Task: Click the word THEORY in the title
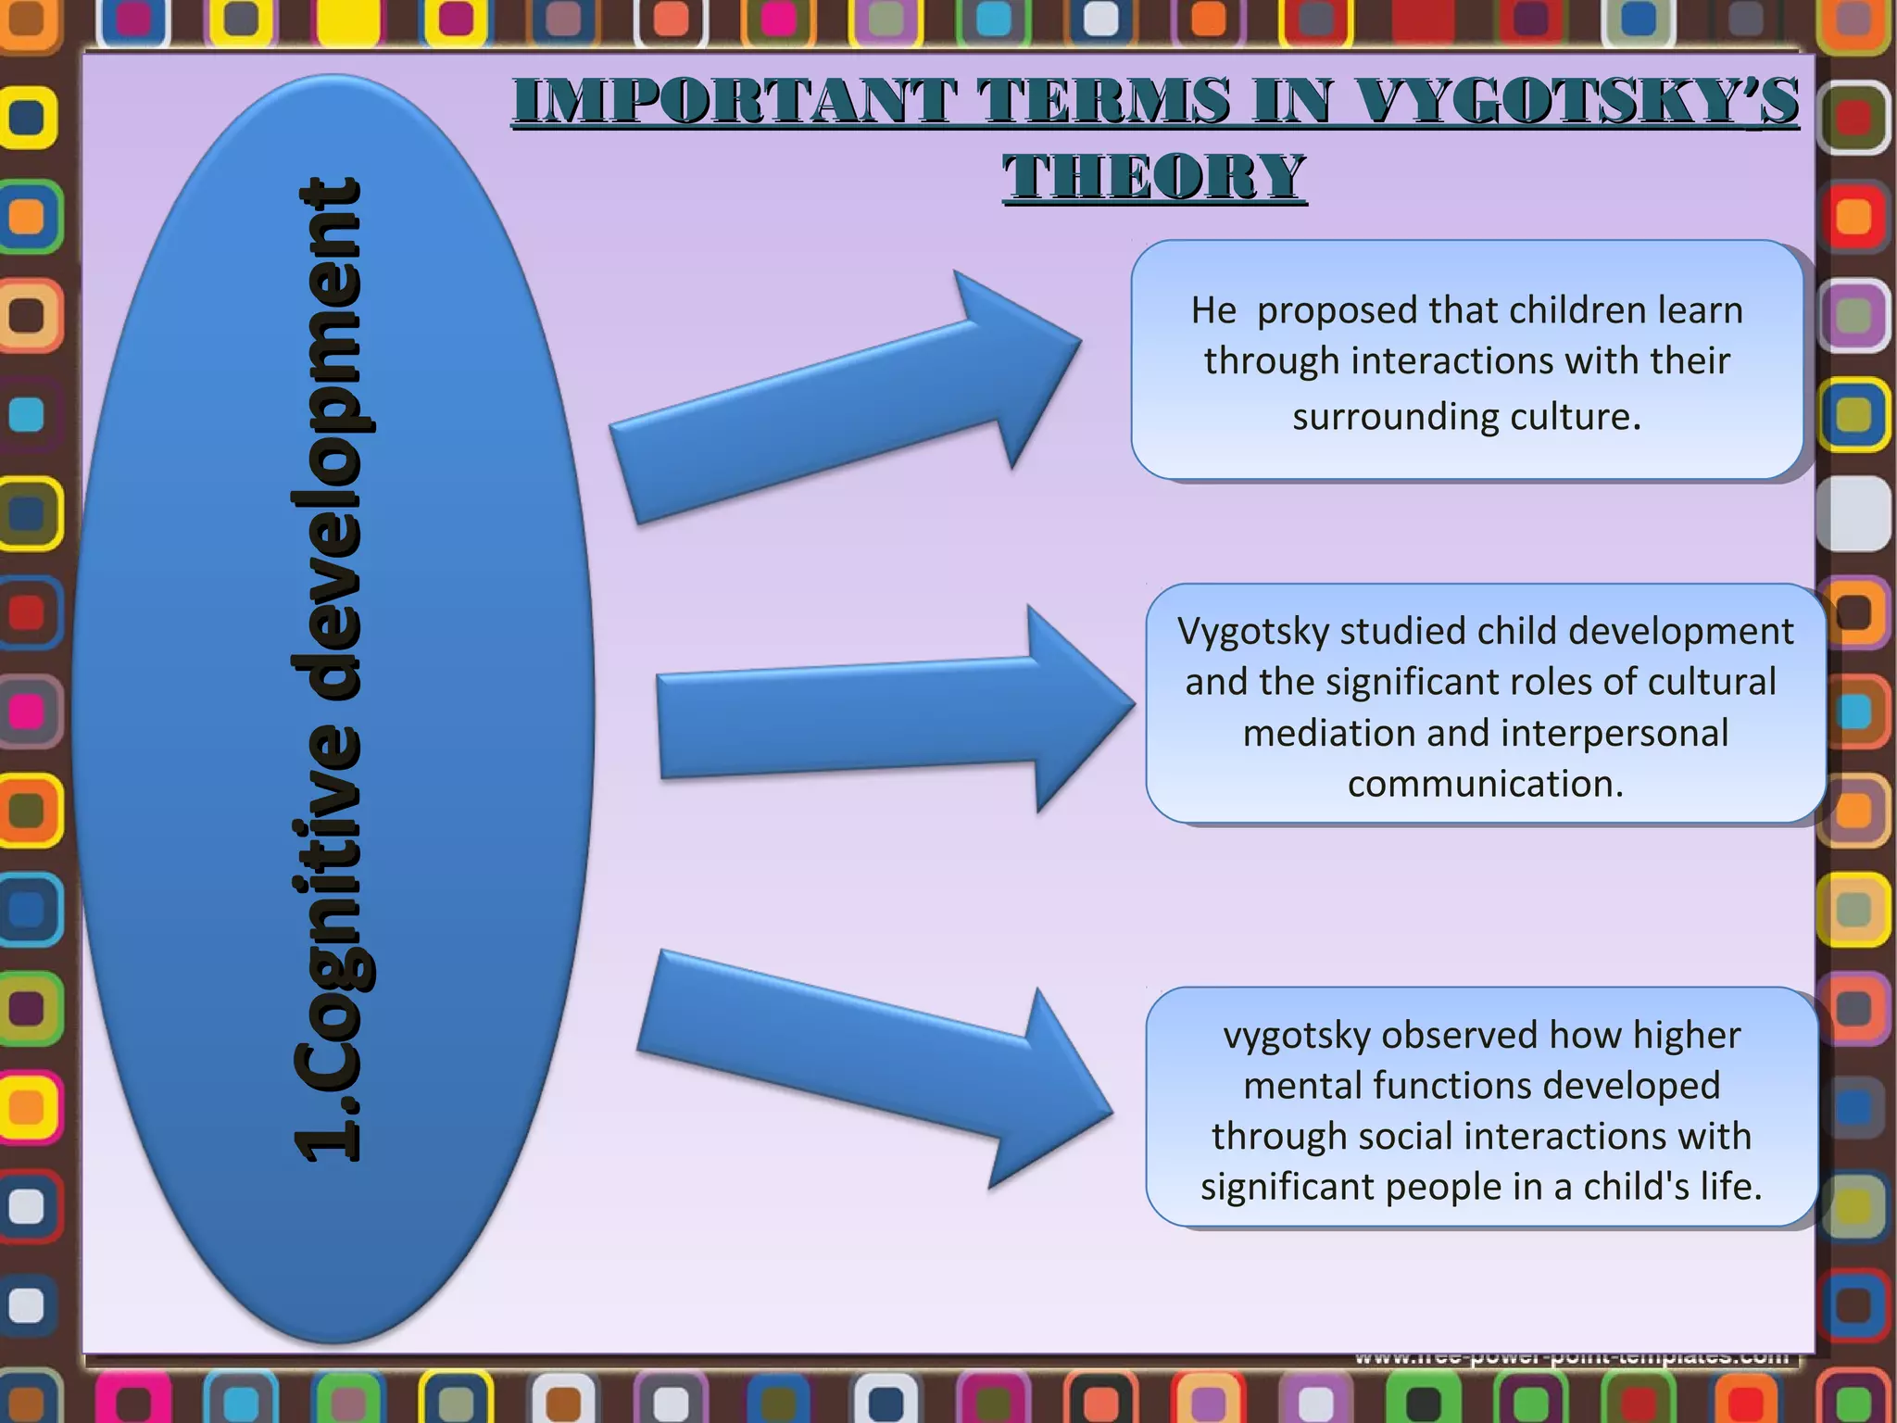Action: tap(1154, 176)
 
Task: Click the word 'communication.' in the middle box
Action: tap(1486, 785)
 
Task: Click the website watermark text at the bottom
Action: tap(1571, 1359)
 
